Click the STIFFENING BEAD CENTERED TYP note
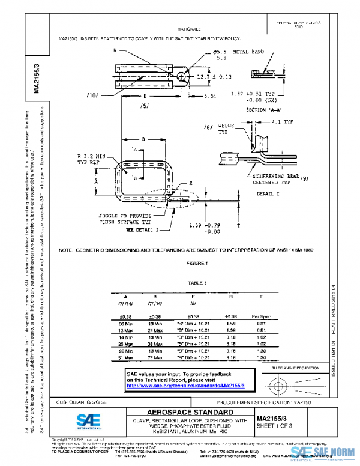coord(262,178)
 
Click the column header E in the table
coord(192,297)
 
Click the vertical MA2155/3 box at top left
coord(37,76)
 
